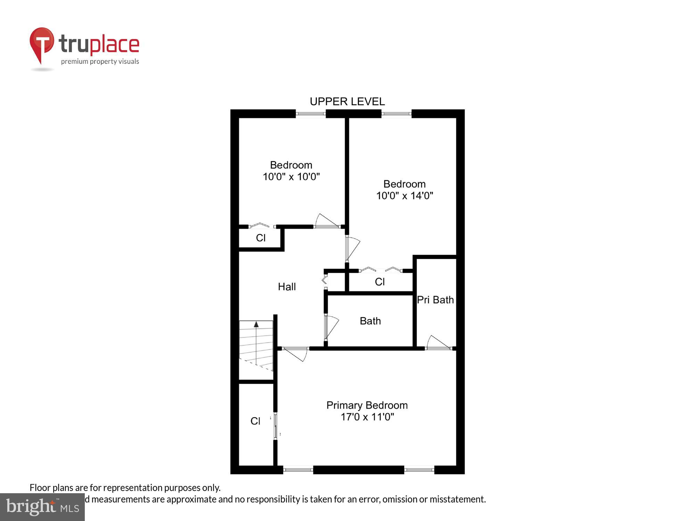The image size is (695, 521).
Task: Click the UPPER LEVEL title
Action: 347,101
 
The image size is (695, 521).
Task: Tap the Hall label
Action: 287,287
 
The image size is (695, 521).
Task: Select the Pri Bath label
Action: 435,300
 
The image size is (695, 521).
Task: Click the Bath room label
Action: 370,321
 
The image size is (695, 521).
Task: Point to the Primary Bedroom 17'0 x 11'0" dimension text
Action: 367,417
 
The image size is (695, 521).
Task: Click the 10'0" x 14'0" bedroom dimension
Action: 404,196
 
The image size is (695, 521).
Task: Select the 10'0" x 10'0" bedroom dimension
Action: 291,177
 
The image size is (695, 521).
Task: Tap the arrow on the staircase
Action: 256,324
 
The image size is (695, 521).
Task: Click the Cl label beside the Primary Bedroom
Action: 255,421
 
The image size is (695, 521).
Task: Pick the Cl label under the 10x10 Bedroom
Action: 261,238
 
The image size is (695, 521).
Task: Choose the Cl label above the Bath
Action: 379,282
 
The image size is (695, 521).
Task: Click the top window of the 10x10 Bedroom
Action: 311,114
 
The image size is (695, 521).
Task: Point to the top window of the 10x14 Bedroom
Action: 396,114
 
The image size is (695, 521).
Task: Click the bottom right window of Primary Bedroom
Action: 419,470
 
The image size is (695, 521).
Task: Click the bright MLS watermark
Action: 42,507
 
